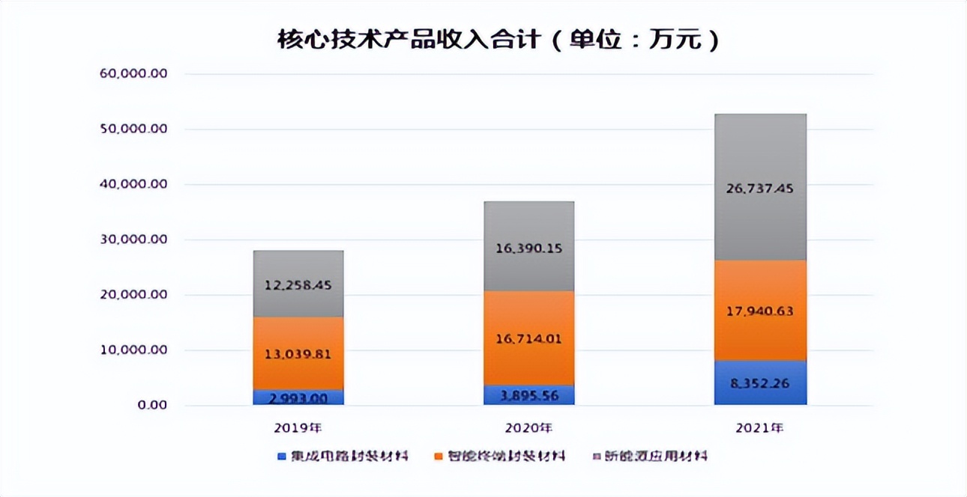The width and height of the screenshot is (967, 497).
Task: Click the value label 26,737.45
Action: (760, 189)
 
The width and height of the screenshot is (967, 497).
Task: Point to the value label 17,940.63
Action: (760, 311)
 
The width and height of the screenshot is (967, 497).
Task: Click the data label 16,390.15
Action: (528, 248)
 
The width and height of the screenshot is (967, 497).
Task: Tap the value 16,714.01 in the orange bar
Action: (528, 339)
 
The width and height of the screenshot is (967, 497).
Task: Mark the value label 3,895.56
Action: (528, 395)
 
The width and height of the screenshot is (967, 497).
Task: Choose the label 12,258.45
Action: (298, 285)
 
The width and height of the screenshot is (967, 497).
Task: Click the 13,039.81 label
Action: (298, 354)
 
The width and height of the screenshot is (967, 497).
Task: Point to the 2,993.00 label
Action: (298, 398)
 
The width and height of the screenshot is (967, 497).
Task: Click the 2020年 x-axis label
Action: (528, 429)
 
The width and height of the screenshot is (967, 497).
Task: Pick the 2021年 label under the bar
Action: (760, 429)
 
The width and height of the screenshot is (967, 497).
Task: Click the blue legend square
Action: (282, 456)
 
